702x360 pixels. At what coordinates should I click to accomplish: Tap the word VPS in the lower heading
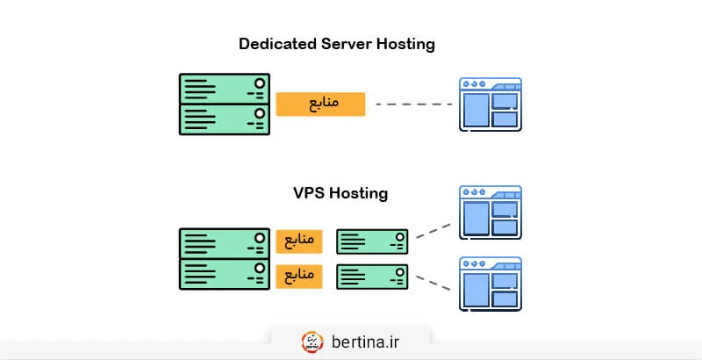click(x=308, y=192)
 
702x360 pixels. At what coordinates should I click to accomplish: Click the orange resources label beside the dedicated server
click(x=320, y=104)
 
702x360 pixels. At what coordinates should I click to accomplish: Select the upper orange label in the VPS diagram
click(x=299, y=240)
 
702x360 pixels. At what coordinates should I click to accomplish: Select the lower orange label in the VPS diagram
click(x=299, y=277)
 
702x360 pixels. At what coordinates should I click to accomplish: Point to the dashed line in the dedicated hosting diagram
click(x=413, y=104)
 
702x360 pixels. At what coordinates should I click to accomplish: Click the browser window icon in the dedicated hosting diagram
click(x=491, y=104)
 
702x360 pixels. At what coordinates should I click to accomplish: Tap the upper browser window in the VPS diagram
click(x=491, y=212)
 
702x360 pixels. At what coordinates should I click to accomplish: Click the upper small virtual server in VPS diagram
click(x=373, y=241)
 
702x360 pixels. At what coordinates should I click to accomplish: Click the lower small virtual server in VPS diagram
click(x=373, y=277)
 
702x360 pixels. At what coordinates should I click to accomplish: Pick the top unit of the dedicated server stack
click(x=225, y=89)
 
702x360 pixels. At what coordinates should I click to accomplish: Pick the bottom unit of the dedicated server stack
click(x=225, y=119)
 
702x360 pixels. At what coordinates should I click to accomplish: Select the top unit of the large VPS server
click(x=225, y=243)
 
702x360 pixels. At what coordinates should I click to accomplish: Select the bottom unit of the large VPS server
click(x=225, y=273)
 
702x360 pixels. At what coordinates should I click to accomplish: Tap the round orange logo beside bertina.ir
click(x=312, y=341)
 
